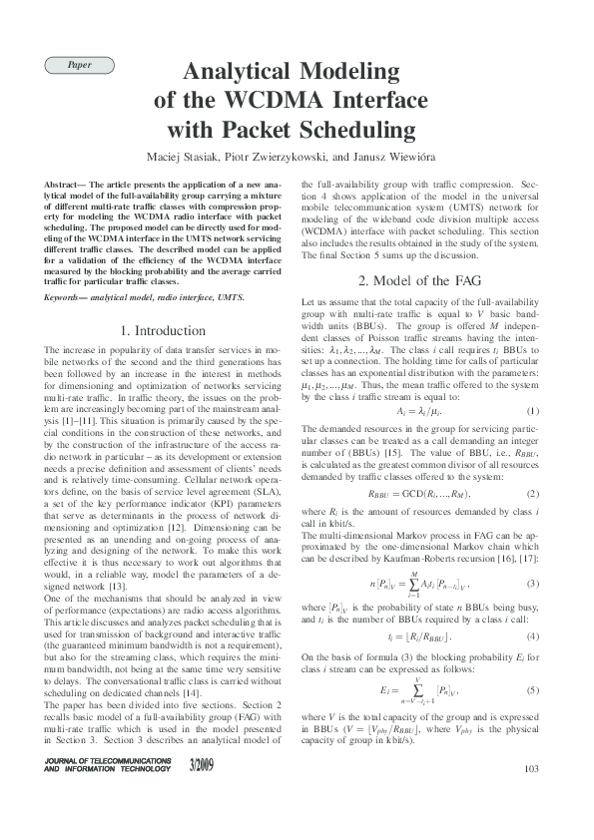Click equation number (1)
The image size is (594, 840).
[533, 411]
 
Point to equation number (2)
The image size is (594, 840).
[533, 493]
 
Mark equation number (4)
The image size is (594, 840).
[533, 635]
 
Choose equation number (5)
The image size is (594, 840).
[533, 690]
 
